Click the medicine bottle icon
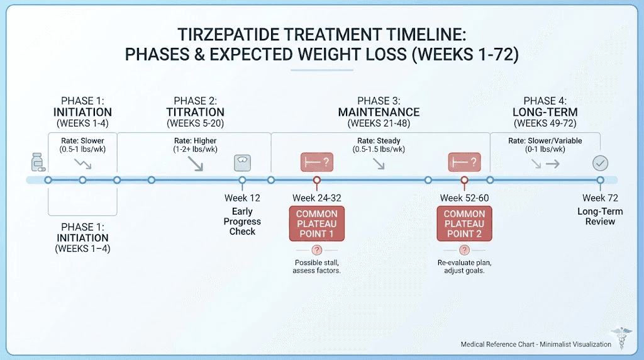coord(37,163)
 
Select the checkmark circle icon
coord(600,164)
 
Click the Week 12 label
coord(242,198)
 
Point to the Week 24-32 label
coord(317,198)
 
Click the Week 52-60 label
coord(464,198)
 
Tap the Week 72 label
coord(600,198)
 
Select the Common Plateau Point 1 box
coord(317,223)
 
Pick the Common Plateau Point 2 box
coord(464,223)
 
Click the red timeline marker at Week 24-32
coord(317,181)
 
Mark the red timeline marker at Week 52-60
coord(464,181)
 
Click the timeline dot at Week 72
coord(600,181)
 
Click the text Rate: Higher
coord(194,140)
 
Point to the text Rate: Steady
coord(379,140)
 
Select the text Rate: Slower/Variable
coord(545,140)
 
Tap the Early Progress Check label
coord(242,222)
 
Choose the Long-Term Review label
coord(600,217)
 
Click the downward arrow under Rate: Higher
coord(196,164)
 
